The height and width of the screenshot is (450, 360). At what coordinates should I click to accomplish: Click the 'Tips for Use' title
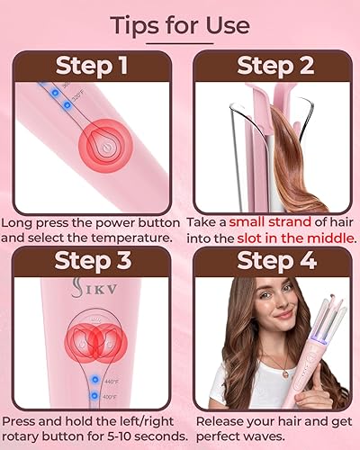[180, 24]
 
